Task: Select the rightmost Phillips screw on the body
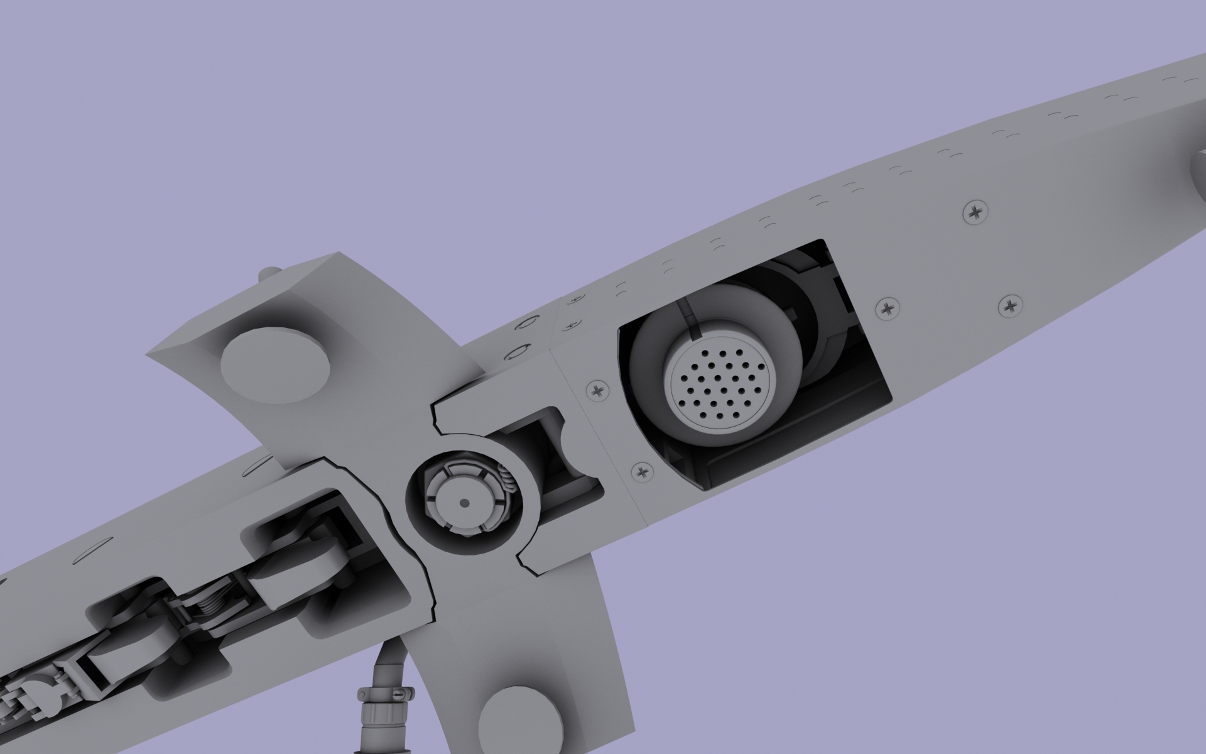point(1010,307)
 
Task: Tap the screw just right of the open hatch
point(887,308)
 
